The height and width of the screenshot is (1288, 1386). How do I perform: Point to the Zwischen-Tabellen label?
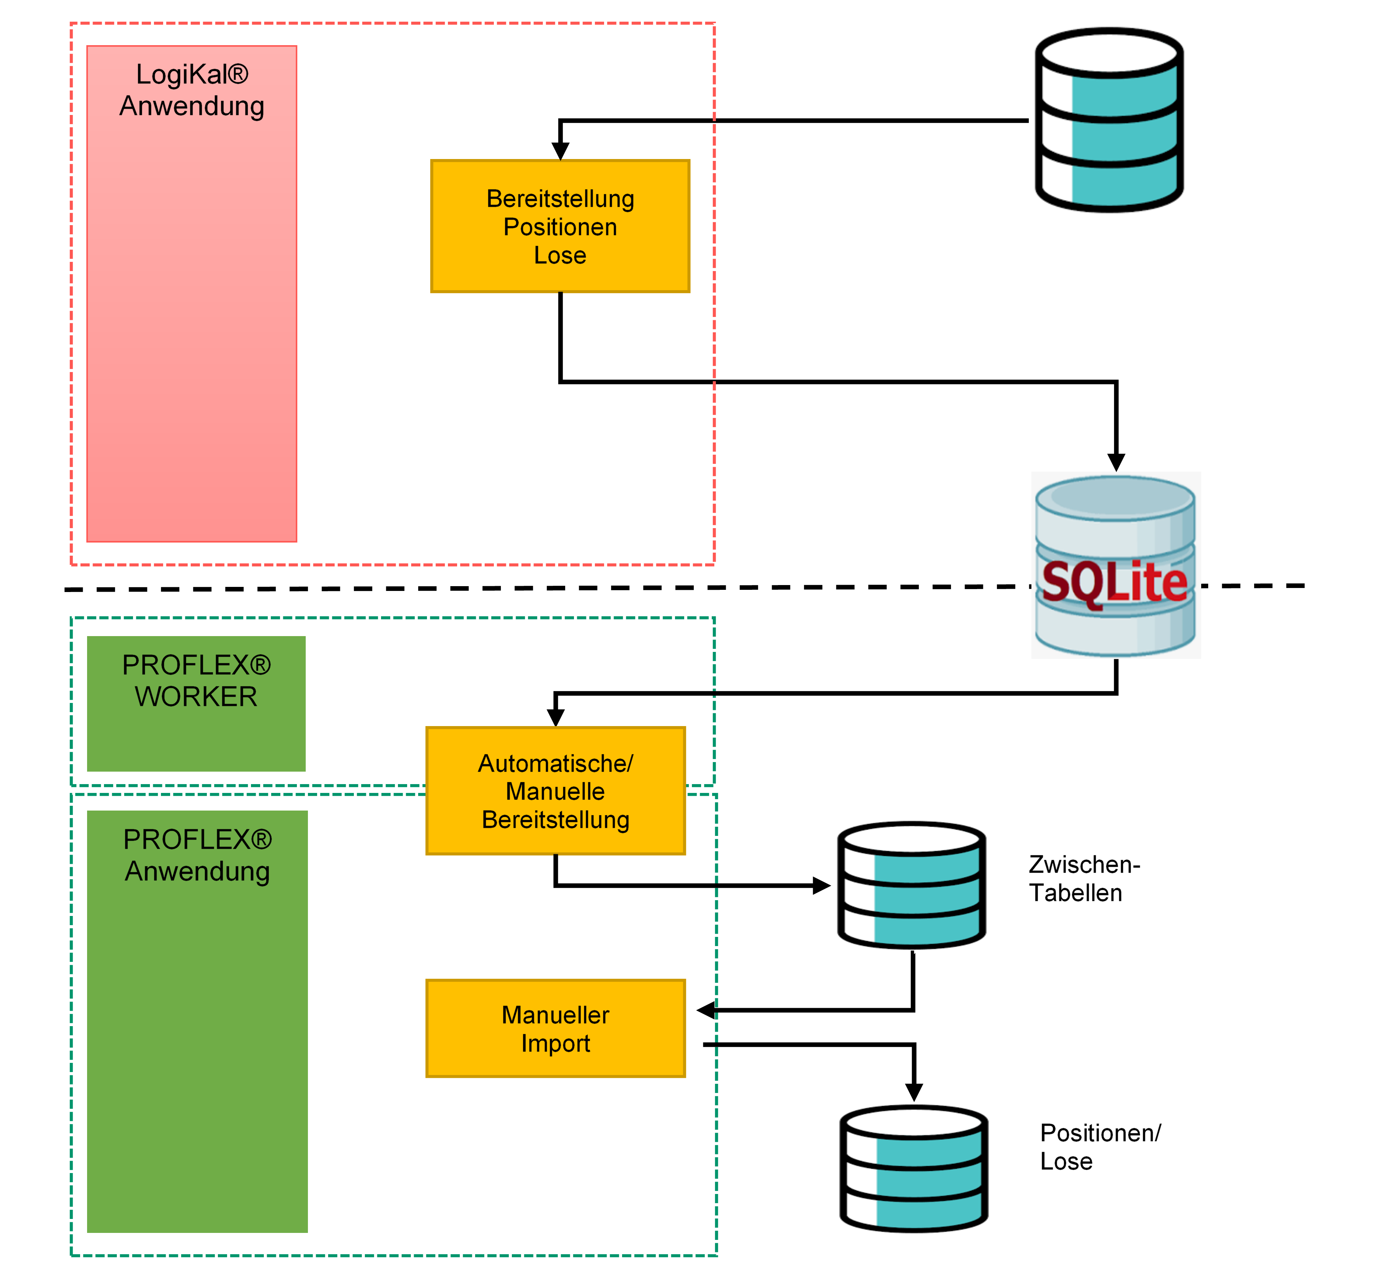click(x=1084, y=878)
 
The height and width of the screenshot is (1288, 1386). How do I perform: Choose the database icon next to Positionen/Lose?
click(x=914, y=1168)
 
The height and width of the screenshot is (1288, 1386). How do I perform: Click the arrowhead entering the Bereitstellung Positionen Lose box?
click(x=560, y=151)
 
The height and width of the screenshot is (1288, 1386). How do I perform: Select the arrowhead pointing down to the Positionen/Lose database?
click(x=914, y=1092)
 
